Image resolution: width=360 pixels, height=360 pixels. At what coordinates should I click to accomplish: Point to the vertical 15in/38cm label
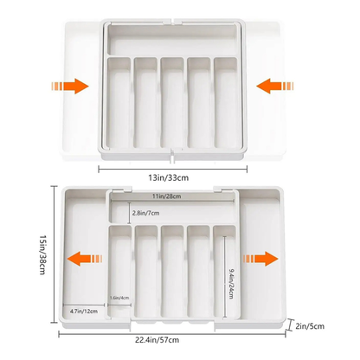coord(19,258)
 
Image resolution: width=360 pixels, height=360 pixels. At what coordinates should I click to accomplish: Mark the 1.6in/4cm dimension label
coord(121,299)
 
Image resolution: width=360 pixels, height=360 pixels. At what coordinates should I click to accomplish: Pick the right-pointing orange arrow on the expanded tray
coord(256,258)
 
